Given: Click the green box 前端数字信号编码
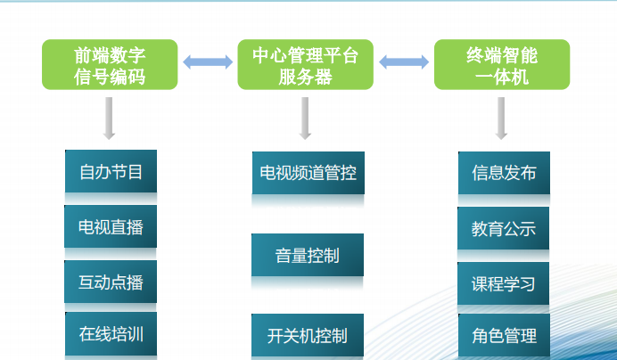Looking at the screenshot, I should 109,65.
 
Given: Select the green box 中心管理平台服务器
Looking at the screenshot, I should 305,65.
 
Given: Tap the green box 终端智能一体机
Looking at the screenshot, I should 501,65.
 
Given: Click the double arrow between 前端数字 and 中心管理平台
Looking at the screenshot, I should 207,62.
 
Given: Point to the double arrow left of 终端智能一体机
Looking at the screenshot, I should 403,62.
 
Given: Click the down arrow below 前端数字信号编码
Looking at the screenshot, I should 109,118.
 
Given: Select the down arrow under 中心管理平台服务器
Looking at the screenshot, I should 305,118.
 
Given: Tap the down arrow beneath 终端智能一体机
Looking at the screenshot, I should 501,118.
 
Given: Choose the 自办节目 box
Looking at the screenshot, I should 111,172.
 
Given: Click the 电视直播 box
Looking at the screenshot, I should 111,226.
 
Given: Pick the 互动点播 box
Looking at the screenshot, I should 111,282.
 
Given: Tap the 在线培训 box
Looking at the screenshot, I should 111,335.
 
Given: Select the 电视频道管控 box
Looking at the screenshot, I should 308,173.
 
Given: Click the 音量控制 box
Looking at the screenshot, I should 308,255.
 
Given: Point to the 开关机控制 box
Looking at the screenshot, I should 308,336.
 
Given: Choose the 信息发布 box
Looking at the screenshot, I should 504,173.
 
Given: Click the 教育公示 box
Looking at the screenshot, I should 504,228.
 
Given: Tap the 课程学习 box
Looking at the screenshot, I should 504,283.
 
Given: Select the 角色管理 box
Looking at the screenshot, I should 504,336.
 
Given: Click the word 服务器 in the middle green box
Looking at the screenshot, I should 305,77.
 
